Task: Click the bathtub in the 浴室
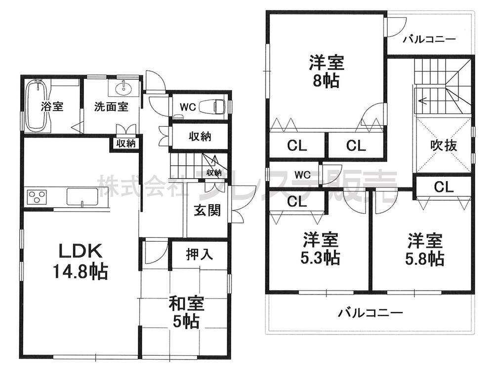(37, 106)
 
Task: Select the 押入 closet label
(200, 255)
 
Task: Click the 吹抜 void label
(443, 146)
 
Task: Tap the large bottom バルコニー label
(370, 313)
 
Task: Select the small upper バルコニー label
(428, 39)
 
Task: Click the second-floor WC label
(302, 174)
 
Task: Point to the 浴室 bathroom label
(52, 106)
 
